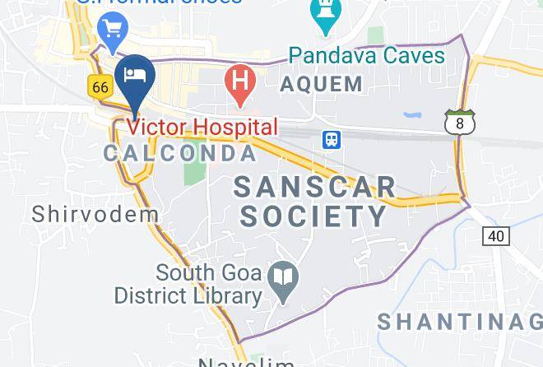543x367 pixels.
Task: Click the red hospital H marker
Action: pyautogui.click(x=239, y=83)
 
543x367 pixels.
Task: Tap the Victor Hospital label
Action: pyautogui.click(x=203, y=128)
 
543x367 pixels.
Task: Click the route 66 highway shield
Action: pyautogui.click(x=100, y=86)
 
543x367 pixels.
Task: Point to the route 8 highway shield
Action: pyautogui.click(x=458, y=122)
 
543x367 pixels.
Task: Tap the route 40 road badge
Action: pyautogui.click(x=495, y=236)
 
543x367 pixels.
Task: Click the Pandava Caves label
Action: pyautogui.click(x=367, y=57)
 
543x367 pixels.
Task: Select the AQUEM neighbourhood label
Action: pyautogui.click(x=321, y=83)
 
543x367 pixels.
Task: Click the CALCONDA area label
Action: pyautogui.click(x=180, y=154)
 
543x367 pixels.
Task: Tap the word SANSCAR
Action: pyautogui.click(x=315, y=186)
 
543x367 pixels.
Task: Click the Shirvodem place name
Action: pyautogui.click(x=95, y=214)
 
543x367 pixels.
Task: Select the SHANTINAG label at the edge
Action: pyautogui.click(x=459, y=321)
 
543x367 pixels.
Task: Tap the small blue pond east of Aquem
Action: pyautogui.click(x=411, y=116)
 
